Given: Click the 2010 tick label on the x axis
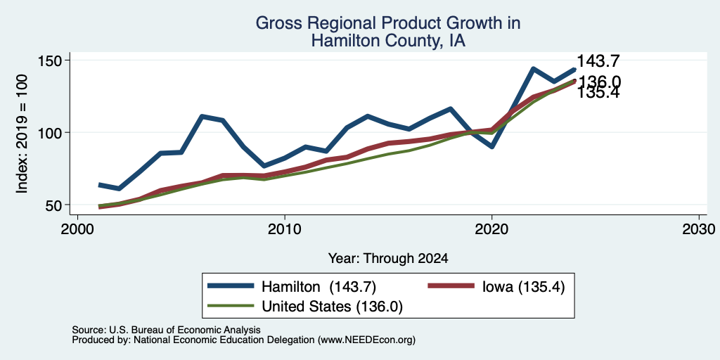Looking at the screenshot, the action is [285, 229].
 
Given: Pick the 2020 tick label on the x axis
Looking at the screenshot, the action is [491, 229].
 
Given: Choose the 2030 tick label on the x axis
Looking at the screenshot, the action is [699, 229].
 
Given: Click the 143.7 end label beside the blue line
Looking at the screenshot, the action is [598, 61].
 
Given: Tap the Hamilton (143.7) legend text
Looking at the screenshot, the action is [319, 287].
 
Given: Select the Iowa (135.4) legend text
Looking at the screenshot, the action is [523, 287].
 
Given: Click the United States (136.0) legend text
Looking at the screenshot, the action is [332, 307].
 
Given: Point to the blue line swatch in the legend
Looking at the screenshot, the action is [231, 286].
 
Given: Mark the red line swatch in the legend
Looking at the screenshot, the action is [451, 286].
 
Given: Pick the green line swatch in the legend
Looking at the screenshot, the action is [231, 305].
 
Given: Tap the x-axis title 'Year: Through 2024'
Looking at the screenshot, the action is [388, 259].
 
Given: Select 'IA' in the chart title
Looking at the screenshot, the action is [456, 41].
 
